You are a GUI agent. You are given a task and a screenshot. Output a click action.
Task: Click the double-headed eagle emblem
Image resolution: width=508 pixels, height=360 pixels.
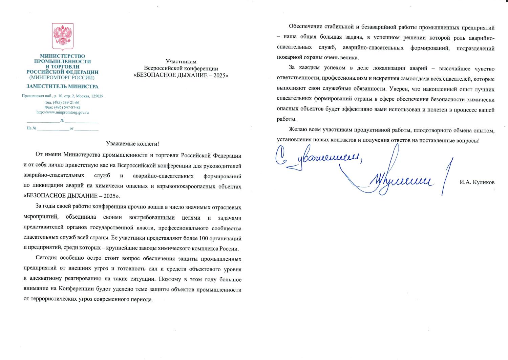coord(62,37)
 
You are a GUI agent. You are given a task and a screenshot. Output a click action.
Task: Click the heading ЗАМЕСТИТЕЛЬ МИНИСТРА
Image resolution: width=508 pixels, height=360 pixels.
coord(62,86)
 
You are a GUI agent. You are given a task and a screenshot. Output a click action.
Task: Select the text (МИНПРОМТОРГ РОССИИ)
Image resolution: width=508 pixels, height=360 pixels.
coord(62,77)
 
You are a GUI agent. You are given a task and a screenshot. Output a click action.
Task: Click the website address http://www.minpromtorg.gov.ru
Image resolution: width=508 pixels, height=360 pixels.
coord(62,112)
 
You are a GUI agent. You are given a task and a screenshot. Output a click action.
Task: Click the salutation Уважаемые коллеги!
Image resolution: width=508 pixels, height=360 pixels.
coord(132,144)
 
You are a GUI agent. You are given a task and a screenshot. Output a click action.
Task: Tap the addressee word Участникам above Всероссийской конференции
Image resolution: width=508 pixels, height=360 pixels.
coord(181,61)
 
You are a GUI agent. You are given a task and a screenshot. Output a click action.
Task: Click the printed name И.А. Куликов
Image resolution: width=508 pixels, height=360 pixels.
coord(477,182)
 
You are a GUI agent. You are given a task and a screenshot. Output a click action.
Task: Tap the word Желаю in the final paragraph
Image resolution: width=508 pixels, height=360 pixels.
coord(298,130)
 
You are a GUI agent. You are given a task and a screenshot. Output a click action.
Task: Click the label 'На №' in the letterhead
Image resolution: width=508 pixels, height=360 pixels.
coord(31,128)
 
